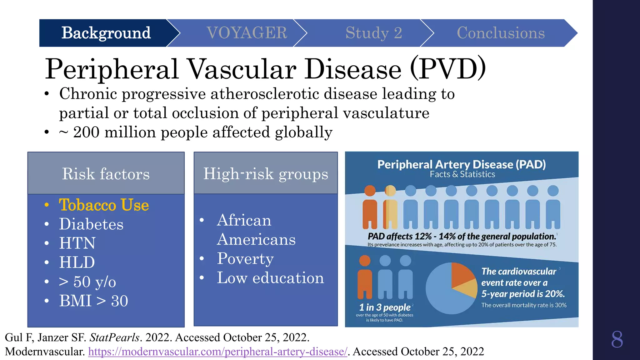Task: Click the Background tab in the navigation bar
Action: coord(106,33)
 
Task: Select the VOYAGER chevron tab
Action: coord(247,33)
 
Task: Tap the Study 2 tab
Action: coord(373,33)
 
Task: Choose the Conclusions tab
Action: coord(500,33)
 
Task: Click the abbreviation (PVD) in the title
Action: coord(448,69)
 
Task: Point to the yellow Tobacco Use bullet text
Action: coord(104,205)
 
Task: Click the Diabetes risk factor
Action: coord(91,224)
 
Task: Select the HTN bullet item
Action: coord(77,243)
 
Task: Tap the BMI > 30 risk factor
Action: coord(93,301)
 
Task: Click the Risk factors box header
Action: coord(106,174)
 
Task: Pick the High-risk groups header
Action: coord(266,174)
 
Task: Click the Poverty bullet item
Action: coord(245,259)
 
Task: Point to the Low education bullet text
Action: coord(270,278)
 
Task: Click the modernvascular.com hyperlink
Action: coord(217,352)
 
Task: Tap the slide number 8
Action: coord(617,339)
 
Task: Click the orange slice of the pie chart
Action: coord(462,274)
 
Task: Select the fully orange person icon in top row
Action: coord(370,208)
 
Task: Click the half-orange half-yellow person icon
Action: coord(390,208)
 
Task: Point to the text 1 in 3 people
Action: coord(384,307)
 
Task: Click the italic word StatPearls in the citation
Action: coord(114,337)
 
